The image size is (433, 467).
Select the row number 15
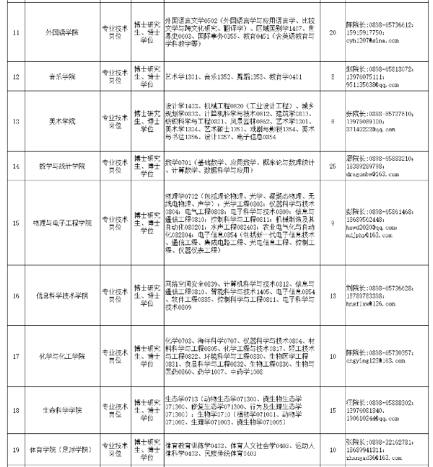(16, 223)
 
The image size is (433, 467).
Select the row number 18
(16, 411)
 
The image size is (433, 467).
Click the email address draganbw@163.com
(372, 172)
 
